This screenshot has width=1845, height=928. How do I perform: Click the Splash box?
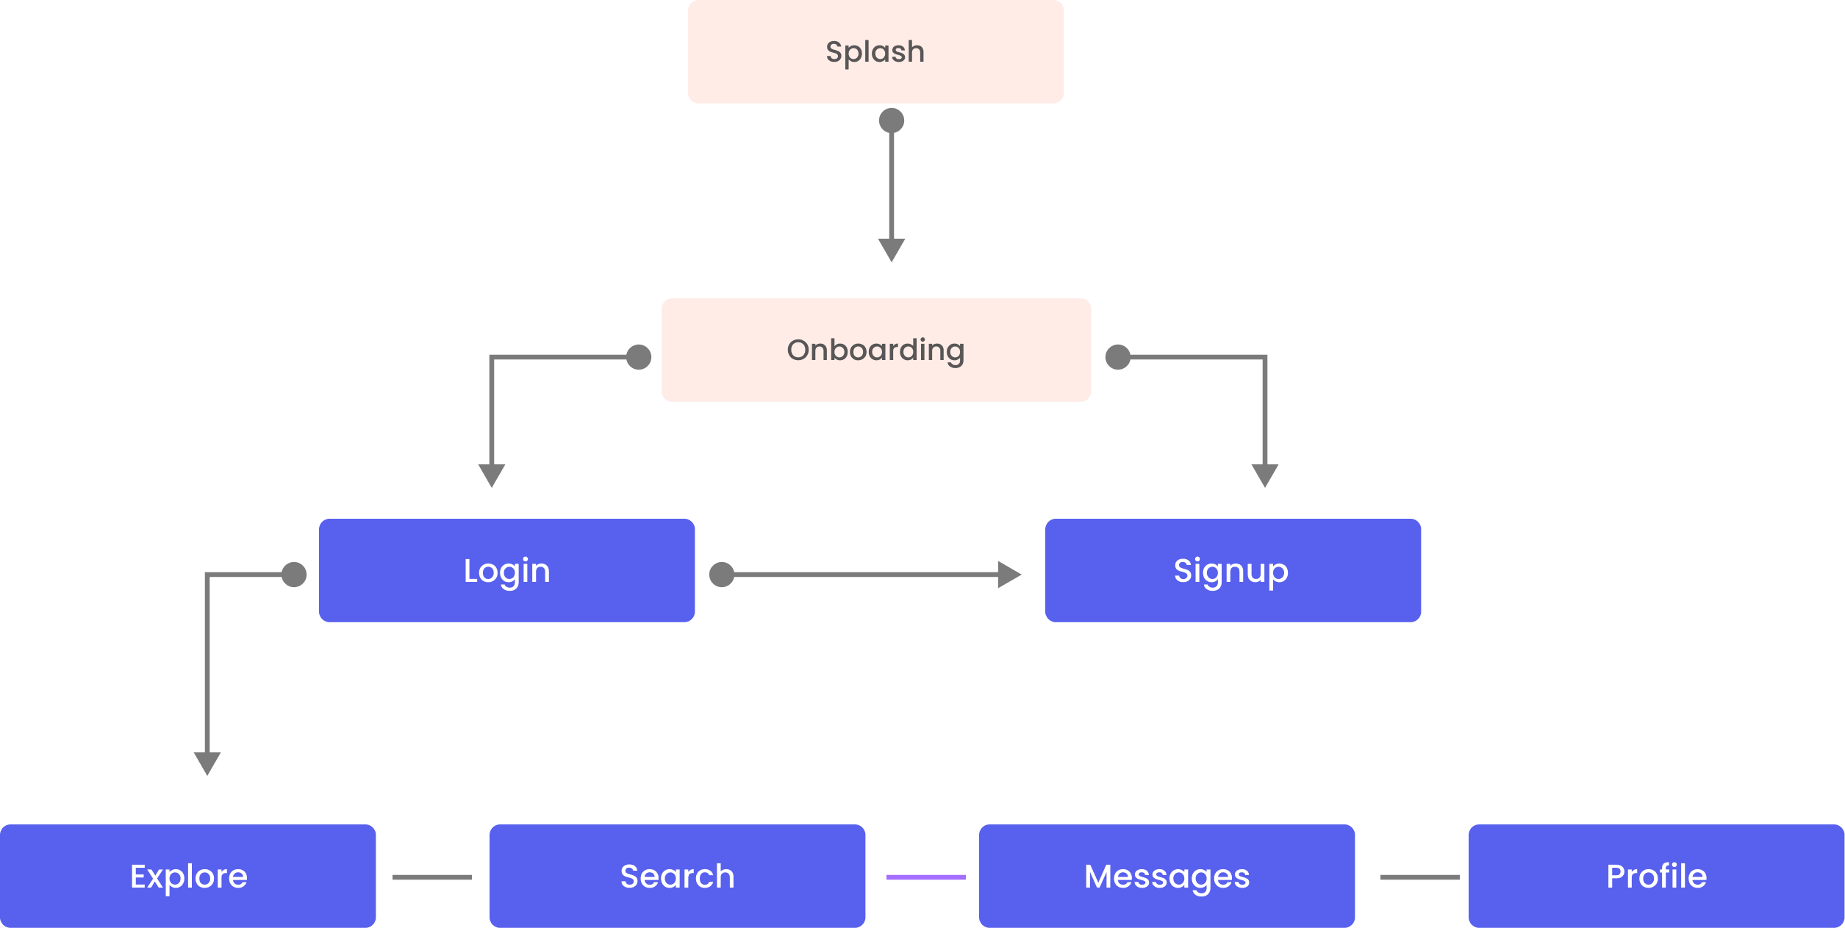click(x=875, y=51)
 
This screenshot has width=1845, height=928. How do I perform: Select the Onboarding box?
click(x=876, y=350)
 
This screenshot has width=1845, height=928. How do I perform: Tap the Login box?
click(x=506, y=571)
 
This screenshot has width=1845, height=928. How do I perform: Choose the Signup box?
click(x=1233, y=571)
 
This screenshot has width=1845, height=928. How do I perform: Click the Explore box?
click(x=187, y=876)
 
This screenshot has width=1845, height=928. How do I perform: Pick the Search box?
click(x=677, y=876)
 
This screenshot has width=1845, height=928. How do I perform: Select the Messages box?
click(x=1167, y=876)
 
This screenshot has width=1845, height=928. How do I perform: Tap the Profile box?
click(x=1656, y=876)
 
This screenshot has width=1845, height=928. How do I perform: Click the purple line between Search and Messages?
click(x=926, y=877)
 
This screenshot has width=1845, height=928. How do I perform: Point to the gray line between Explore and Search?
click(x=432, y=877)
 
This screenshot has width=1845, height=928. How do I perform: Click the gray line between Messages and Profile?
click(x=1420, y=877)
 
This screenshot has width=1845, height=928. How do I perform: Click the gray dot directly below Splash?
click(x=892, y=121)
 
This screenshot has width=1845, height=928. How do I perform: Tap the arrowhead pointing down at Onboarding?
click(x=892, y=250)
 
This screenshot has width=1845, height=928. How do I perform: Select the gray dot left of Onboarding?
click(x=639, y=357)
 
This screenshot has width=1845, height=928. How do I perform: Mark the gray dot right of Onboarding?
click(x=1118, y=357)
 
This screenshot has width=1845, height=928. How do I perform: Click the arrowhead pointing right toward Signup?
click(x=1009, y=575)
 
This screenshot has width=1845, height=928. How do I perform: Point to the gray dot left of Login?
click(x=294, y=575)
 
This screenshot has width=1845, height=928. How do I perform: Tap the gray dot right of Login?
click(x=722, y=575)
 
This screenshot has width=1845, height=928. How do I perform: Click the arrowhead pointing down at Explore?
click(x=207, y=763)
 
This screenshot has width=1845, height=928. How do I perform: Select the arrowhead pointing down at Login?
click(x=492, y=475)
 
